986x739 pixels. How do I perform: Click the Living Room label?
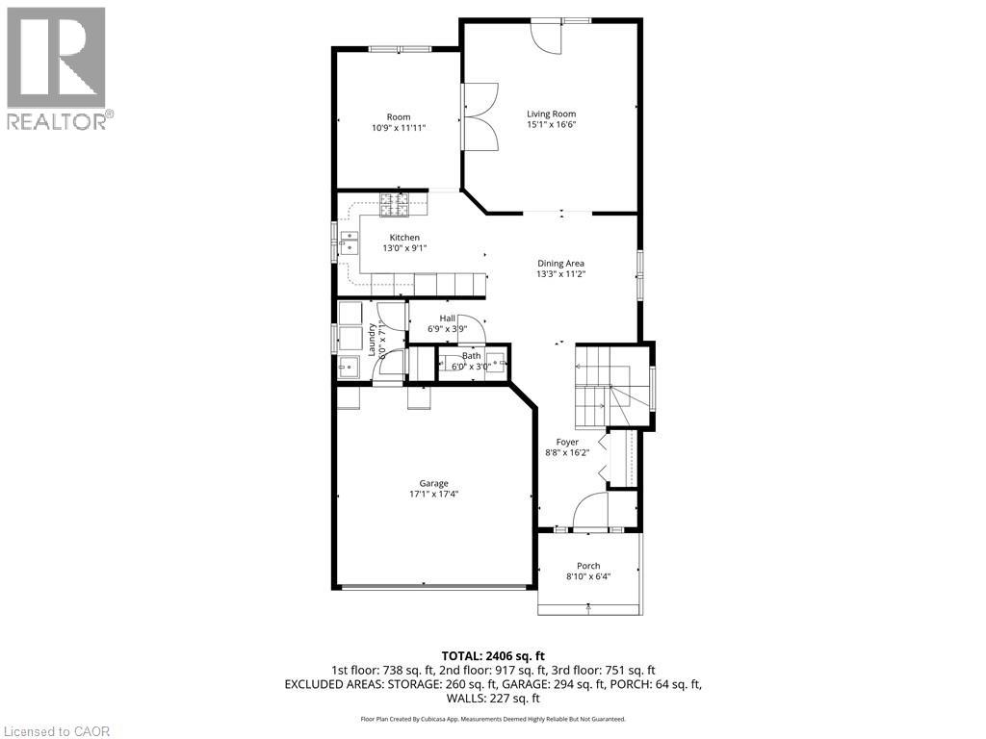pyautogui.click(x=551, y=114)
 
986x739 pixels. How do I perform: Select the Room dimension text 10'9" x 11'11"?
pyautogui.click(x=399, y=127)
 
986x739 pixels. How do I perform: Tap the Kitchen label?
pyautogui.click(x=404, y=238)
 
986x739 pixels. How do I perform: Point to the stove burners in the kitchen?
pyautogui.click(x=393, y=204)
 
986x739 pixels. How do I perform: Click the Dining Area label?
pyautogui.click(x=560, y=263)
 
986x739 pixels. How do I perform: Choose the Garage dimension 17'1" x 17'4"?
pyautogui.click(x=432, y=495)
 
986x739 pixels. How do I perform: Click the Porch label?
pyautogui.click(x=588, y=566)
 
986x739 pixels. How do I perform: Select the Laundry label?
pyautogui.click(x=372, y=339)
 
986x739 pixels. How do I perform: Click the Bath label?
pyautogui.click(x=470, y=356)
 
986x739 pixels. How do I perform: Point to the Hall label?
pyautogui.click(x=448, y=319)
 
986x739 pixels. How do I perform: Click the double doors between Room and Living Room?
pyautogui.click(x=479, y=115)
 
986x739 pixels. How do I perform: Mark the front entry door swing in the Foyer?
pyautogui.click(x=590, y=511)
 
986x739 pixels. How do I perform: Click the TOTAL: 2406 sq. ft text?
pyautogui.click(x=492, y=655)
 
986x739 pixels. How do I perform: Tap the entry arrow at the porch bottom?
pyautogui.click(x=588, y=607)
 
